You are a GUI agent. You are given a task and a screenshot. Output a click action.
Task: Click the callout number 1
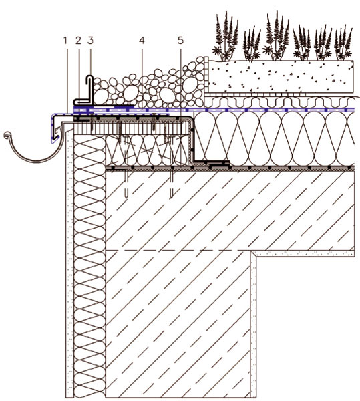pyautogui.click(x=65, y=41)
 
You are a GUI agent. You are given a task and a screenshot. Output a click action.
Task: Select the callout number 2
pyautogui.click(x=78, y=41)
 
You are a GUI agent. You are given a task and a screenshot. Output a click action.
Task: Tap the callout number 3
pyautogui.click(x=90, y=41)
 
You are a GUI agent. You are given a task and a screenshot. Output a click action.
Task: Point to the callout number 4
pyautogui.click(x=142, y=41)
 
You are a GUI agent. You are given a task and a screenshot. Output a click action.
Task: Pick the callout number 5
pyautogui.click(x=180, y=41)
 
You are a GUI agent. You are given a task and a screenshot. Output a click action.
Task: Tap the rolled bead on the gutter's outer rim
pyautogui.click(x=7, y=134)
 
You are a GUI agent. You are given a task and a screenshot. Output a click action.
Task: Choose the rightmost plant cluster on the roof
pyautogui.click(x=343, y=43)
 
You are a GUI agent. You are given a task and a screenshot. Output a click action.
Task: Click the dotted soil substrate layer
pyautogui.click(x=281, y=76)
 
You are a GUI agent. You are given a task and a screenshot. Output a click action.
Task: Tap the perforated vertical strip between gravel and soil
pyautogui.click(x=206, y=76)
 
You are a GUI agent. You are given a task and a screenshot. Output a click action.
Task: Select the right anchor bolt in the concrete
pyautogui.click(x=172, y=183)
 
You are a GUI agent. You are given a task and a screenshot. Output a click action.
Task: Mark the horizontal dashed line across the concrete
pyautogui.click(x=178, y=251)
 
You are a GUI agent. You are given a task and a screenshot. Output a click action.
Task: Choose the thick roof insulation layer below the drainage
pyautogui.click(x=273, y=139)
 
